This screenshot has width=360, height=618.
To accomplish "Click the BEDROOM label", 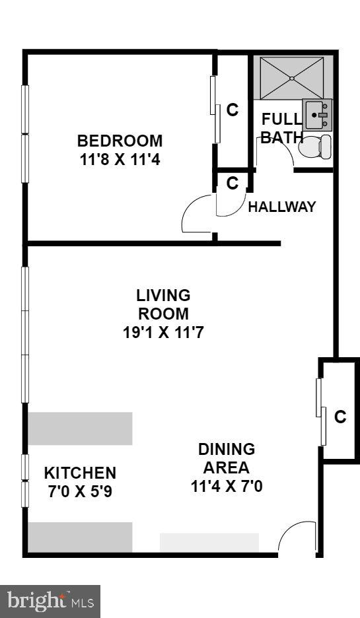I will click(x=120, y=141).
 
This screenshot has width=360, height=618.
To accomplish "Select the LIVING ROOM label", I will click(x=162, y=304).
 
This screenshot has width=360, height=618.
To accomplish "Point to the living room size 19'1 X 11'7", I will click(x=162, y=332).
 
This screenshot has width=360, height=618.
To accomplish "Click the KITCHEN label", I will click(x=80, y=473).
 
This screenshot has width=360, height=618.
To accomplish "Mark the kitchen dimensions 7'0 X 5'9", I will click(x=80, y=491).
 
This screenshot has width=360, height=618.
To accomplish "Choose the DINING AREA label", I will click(x=226, y=458).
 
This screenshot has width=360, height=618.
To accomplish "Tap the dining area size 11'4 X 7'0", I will click(x=226, y=487).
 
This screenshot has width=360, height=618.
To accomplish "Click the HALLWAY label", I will click(x=282, y=207).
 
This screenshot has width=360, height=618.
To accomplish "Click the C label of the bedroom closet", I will click(x=233, y=110).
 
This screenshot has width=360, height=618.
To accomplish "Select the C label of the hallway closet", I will click(x=233, y=183).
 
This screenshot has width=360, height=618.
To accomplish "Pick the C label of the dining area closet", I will click(x=340, y=417).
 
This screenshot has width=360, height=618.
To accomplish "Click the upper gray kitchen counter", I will click(x=80, y=429).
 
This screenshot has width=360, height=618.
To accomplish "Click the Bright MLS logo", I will click(x=50, y=601).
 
